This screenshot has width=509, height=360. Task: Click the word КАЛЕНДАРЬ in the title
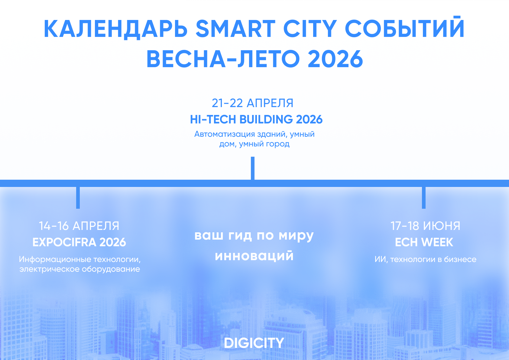pos(115,29)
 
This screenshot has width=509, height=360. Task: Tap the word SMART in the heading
pos(236,29)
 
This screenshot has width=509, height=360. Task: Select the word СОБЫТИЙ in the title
pos(405,27)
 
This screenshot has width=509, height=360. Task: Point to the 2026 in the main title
pos(336,59)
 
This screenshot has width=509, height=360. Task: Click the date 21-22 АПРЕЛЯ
pos(253,103)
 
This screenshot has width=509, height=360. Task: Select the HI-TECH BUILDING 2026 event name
pos(256,119)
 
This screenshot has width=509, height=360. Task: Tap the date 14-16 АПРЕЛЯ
pos(79,226)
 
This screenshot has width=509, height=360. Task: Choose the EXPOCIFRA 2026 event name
pos(79,242)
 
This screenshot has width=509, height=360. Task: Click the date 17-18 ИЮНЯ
pos(425,226)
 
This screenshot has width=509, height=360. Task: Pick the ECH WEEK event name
pos(424,242)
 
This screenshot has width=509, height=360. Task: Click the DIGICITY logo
pos(254,343)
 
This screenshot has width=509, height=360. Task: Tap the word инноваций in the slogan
pos(254,255)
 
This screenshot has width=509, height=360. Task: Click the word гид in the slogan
pos(240,235)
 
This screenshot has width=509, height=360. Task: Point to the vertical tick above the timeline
pos(253,168)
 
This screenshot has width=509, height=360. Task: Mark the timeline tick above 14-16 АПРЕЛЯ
pos(78,198)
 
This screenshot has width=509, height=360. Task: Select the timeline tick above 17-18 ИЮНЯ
pos(424,198)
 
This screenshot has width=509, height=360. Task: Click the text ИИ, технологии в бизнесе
pos(425,259)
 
